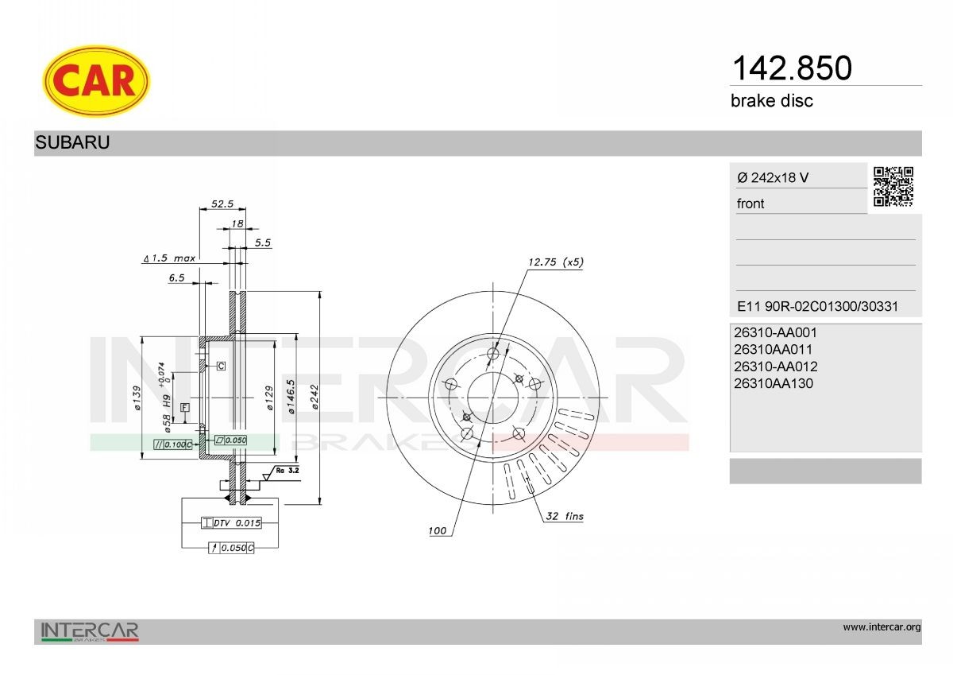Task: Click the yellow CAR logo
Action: pyautogui.click(x=96, y=81)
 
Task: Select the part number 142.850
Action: pyautogui.click(x=792, y=68)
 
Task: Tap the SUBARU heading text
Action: pyautogui.click(x=72, y=142)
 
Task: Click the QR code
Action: pyautogui.click(x=893, y=187)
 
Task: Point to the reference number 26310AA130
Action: pyautogui.click(x=773, y=383)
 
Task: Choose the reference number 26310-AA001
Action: pyautogui.click(x=775, y=332)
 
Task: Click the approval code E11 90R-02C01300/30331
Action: pyautogui.click(x=817, y=306)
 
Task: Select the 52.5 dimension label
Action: pyautogui.click(x=222, y=204)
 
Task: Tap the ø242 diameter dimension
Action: pyautogui.click(x=314, y=397)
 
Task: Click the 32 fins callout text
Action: pyautogui.click(x=565, y=516)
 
